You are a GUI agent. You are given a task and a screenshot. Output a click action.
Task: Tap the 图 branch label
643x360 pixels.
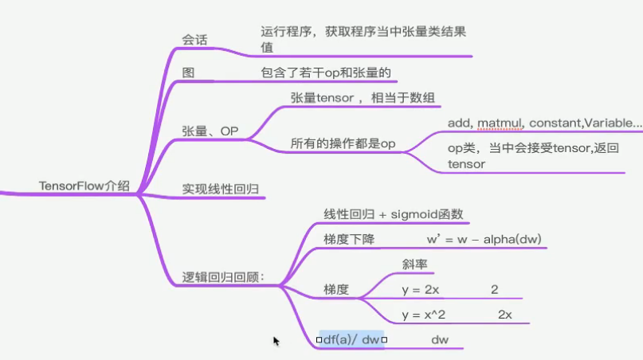(x=188, y=72)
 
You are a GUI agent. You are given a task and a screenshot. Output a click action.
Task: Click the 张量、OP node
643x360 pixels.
(x=210, y=131)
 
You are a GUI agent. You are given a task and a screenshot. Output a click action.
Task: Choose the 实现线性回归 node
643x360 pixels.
(x=222, y=189)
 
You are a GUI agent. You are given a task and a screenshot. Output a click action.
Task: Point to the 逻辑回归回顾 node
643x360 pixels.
(x=223, y=278)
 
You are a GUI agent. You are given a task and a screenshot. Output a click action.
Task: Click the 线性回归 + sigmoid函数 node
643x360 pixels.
(x=394, y=214)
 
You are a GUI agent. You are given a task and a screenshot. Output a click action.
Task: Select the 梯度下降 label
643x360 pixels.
(x=349, y=239)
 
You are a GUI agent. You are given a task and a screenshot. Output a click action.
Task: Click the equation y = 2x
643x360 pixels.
(x=421, y=290)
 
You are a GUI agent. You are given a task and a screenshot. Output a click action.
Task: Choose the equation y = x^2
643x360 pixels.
(x=424, y=315)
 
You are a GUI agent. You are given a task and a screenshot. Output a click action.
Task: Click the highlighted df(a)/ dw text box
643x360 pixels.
(x=351, y=340)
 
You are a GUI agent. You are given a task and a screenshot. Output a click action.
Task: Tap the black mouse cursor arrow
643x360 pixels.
(x=276, y=341)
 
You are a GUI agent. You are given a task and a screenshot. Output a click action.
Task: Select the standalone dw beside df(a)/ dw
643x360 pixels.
(x=440, y=340)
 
